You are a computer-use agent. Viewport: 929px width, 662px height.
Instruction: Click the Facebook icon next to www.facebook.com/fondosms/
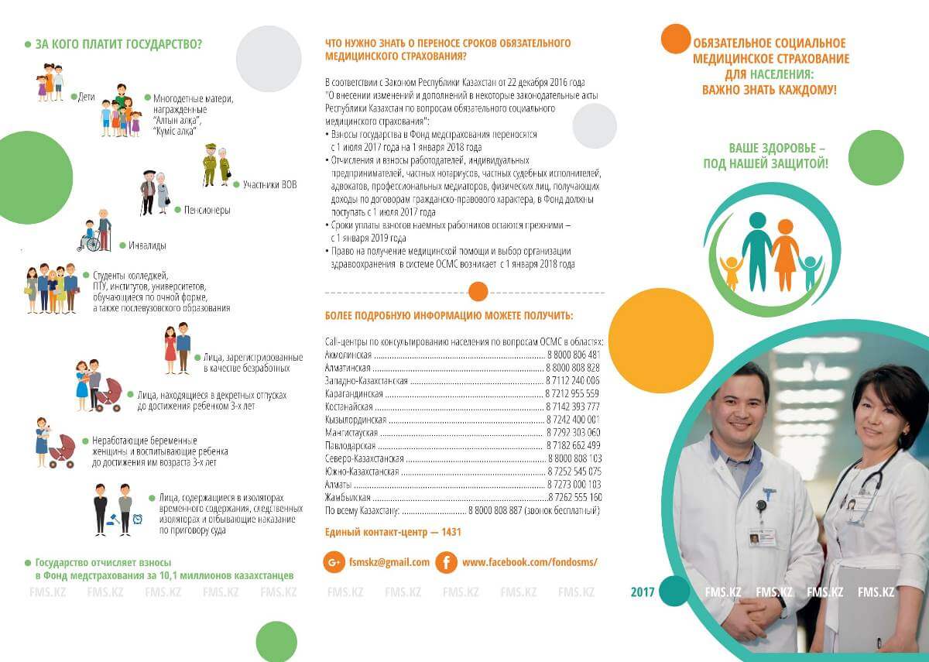(x=446, y=562)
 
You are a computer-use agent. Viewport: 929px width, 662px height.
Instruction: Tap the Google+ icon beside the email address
(x=334, y=562)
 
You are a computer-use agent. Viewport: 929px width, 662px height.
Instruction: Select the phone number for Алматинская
(x=573, y=367)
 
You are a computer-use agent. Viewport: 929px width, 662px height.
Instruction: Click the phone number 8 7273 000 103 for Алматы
(x=574, y=484)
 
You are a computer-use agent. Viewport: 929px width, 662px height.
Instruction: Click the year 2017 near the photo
(x=643, y=592)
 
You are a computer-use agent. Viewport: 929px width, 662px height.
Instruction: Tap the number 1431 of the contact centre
(x=451, y=533)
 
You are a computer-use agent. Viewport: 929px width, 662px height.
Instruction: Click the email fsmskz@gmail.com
(x=389, y=562)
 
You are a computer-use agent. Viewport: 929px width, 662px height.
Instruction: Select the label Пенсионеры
(x=207, y=210)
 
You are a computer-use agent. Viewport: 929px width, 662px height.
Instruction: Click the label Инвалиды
(x=147, y=245)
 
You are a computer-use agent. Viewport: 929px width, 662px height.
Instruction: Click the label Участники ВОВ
(x=269, y=184)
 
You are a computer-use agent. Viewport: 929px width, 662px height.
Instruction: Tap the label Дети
(x=86, y=98)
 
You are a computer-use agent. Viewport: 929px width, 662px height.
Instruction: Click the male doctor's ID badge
(x=761, y=537)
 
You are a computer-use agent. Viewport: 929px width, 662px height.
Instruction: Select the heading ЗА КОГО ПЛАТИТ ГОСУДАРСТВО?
(x=118, y=44)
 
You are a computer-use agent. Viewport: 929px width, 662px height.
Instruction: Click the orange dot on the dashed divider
(x=478, y=292)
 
